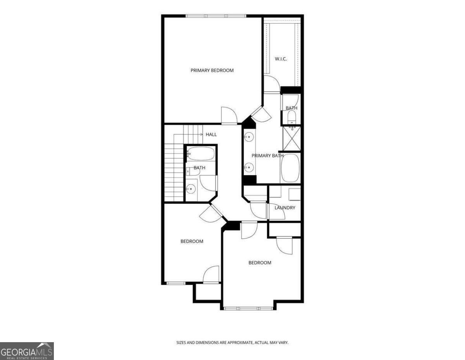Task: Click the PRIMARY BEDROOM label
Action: click(212, 71)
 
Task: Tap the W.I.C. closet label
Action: click(281, 59)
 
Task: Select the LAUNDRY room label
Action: click(285, 208)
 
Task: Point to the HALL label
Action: click(211, 134)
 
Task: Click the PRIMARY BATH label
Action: click(268, 156)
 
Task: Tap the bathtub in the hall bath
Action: click(201, 154)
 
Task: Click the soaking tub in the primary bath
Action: click(290, 168)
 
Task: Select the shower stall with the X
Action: click(291, 138)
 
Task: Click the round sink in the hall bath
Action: click(191, 189)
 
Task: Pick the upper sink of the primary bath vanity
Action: click(249, 137)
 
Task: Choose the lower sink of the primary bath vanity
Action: click(249, 167)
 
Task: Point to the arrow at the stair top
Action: click(201, 134)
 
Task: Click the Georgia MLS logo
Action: click(26, 351)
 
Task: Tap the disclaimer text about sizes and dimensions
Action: click(232, 343)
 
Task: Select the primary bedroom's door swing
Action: click(229, 115)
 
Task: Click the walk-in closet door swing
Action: click(271, 84)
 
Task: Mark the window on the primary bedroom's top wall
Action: click(216, 16)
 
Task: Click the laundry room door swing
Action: click(258, 210)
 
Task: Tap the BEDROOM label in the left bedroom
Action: click(192, 241)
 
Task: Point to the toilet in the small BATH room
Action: click(292, 116)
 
